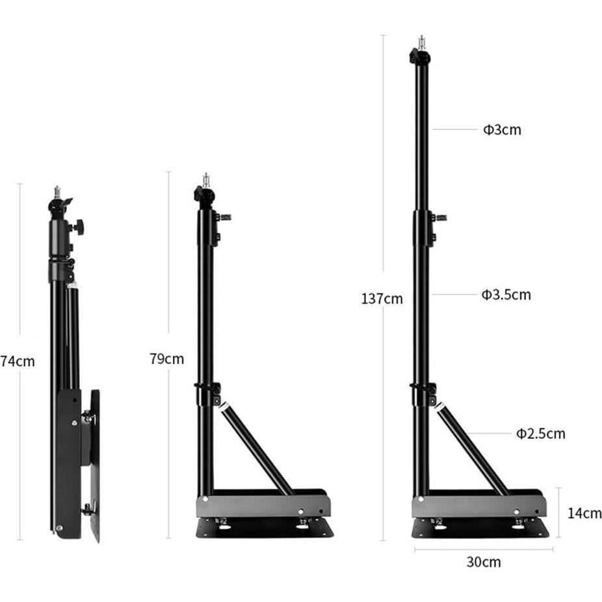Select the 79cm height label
click(167, 359)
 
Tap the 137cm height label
click(382, 299)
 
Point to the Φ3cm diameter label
click(502, 130)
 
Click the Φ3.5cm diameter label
click(506, 295)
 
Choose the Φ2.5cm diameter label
click(541, 434)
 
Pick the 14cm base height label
click(584, 513)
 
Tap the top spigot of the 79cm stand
click(206, 179)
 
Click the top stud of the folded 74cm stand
click(57, 191)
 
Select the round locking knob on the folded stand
click(79, 227)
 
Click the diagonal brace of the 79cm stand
click(257, 449)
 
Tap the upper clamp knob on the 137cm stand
click(440, 217)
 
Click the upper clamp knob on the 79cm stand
click(225, 217)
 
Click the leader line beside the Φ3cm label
click(454, 129)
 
